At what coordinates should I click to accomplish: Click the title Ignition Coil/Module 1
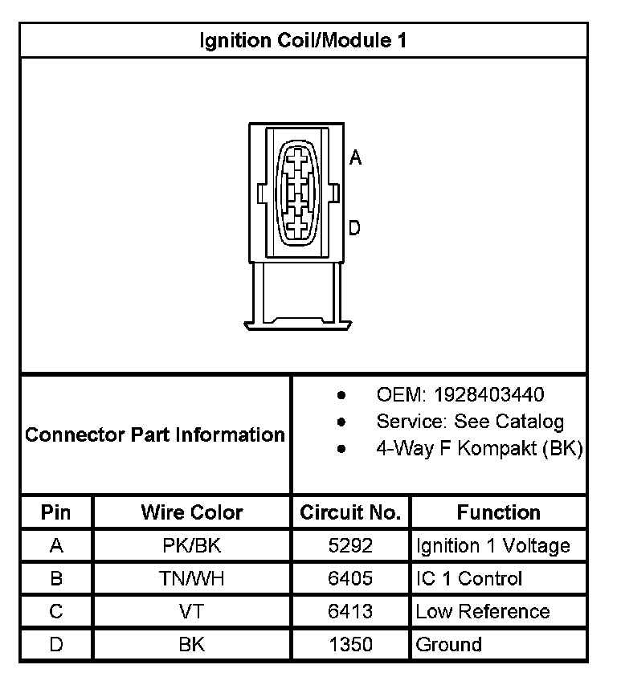pyautogui.click(x=303, y=40)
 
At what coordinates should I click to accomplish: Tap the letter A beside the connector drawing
pyautogui.click(x=356, y=158)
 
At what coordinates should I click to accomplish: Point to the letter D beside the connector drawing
pyautogui.click(x=355, y=229)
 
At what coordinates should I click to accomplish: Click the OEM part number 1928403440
pyautogui.click(x=488, y=395)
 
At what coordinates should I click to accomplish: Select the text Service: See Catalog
pyautogui.click(x=470, y=422)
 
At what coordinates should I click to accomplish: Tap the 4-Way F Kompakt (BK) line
pyautogui.click(x=479, y=448)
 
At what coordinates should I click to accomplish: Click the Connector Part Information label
pyautogui.click(x=155, y=435)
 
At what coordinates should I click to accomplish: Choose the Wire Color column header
pyautogui.click(x=191, y=512)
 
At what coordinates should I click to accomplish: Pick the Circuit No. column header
pyautogui.click(x=350, y=512)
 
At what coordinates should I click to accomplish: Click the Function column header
pyautogui.click(x=498, y=512)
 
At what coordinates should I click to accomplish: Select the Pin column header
pyautogui.click(x=56, y=512)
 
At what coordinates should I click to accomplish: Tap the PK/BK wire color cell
pyautogui.click(x=191, y=546)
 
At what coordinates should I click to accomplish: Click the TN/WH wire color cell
pyautogui.click(x=191, y=579)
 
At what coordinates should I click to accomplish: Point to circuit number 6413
pyautogui.click(x=350, y=612)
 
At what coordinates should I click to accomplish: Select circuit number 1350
pyautogui.click(x=350, y=645)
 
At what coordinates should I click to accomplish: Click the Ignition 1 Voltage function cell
pyautogui.click(x=492, y=546)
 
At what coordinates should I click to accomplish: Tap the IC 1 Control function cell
pyautogui.click(x=469, y=579)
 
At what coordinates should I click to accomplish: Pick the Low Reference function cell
pyautogui.click(x=482, y=612)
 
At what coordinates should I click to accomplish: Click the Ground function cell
pyautogui.click(x=448, y=645)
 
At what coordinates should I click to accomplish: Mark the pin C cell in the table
pyautogui.click(x=56, y=612)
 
